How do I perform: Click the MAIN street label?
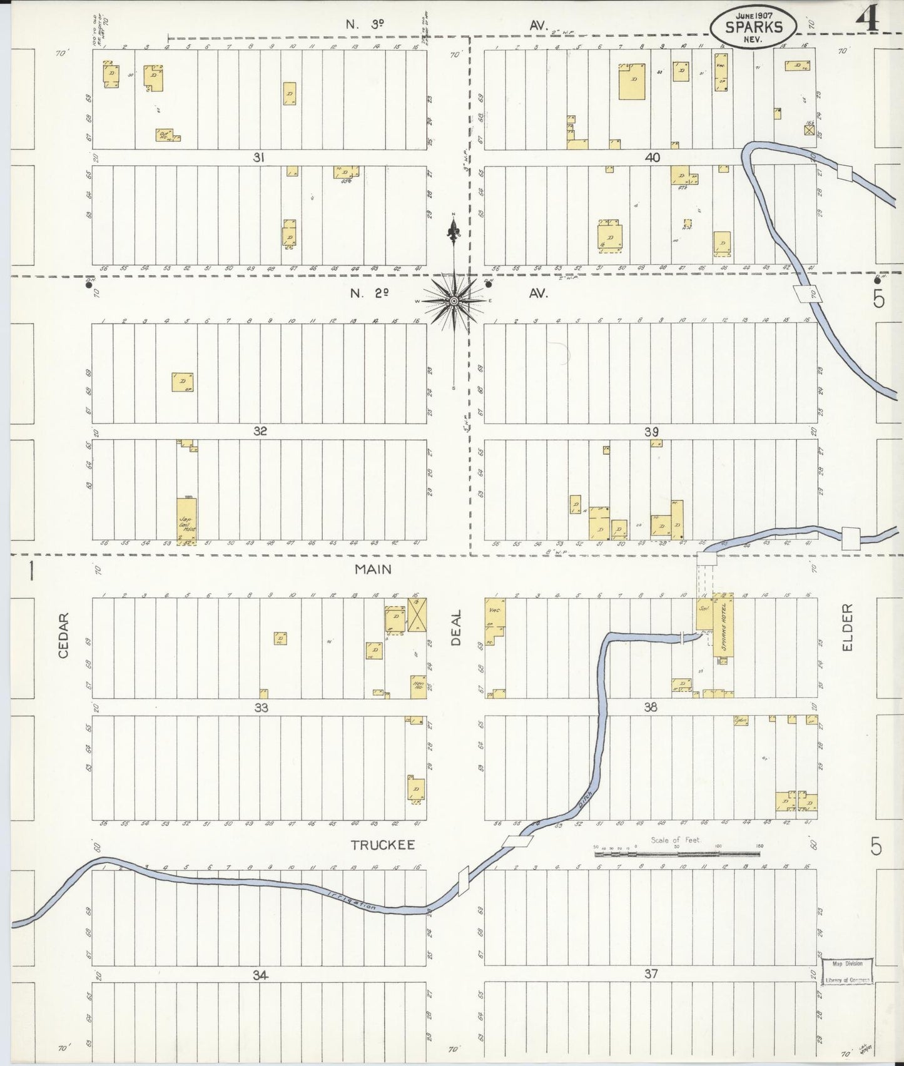373,569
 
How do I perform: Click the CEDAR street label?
63,634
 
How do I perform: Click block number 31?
258,158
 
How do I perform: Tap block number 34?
261,975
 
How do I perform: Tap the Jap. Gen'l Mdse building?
187,520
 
